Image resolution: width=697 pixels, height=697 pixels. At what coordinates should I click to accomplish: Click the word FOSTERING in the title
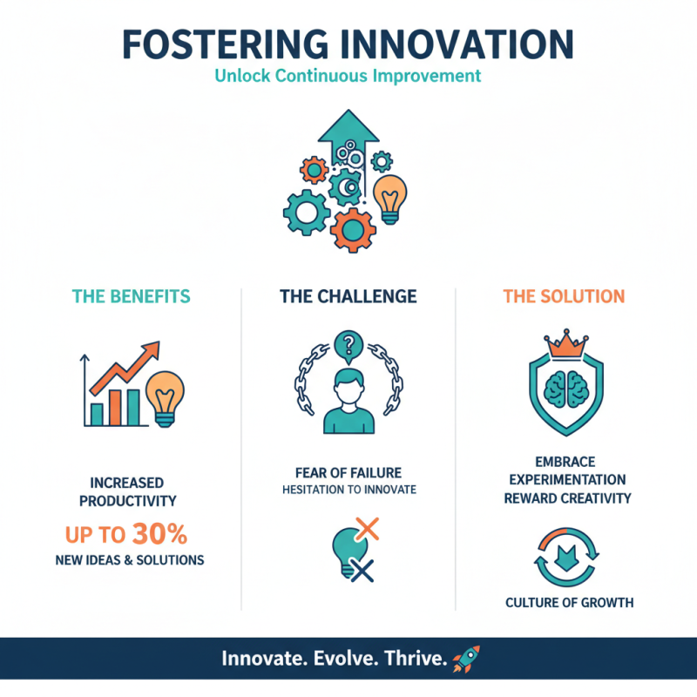pos(226,44)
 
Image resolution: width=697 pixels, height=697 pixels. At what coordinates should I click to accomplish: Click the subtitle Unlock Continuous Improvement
pos(348,76)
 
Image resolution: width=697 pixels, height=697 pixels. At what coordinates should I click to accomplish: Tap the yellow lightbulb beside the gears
pos(389,197)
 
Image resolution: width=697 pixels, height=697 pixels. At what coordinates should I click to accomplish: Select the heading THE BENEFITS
pos(132,296)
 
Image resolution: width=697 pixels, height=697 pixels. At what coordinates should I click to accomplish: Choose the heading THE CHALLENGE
pos(348,296)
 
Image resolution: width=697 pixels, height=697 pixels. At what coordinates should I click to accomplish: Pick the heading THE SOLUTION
pos(564,296)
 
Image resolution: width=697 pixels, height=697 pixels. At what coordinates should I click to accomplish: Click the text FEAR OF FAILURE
pos(348,473)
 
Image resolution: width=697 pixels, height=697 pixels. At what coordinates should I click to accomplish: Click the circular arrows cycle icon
pos(565,557)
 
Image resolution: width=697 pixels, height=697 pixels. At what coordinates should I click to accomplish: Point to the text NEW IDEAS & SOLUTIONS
pos(131,559)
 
